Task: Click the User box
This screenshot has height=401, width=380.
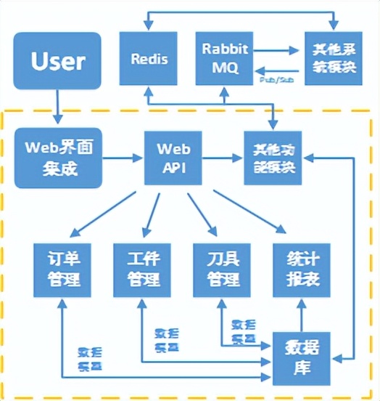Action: [57, 62]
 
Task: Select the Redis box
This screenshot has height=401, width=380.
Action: [149, 57]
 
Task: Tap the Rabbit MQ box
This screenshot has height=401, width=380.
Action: [223, 57]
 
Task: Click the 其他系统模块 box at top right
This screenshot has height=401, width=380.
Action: [332, 57]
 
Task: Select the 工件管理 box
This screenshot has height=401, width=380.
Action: [139, 268]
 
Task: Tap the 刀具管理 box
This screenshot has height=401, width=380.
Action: [218, 268]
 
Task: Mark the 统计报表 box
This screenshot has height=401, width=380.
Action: [297, 268]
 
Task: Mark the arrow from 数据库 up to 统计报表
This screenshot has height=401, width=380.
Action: [297, 316]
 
